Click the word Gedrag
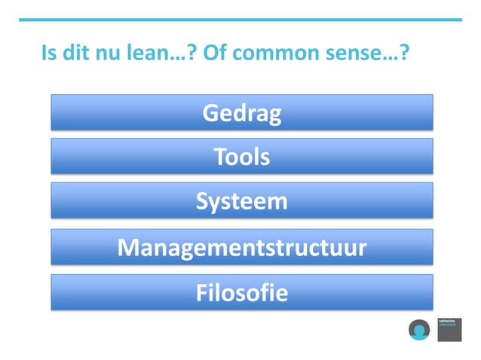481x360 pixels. click(x=241, y=114)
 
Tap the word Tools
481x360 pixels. click(x=241, y=157)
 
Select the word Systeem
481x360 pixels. click(x=241, y=202)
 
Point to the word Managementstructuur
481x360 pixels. click(x=241, y=248)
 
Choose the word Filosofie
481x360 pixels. click(x=241, y=292)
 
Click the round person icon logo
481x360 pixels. click(x=419, y=330)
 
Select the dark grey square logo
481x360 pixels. click(x=449, y=329)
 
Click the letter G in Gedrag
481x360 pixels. click(x=210, y=114)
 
